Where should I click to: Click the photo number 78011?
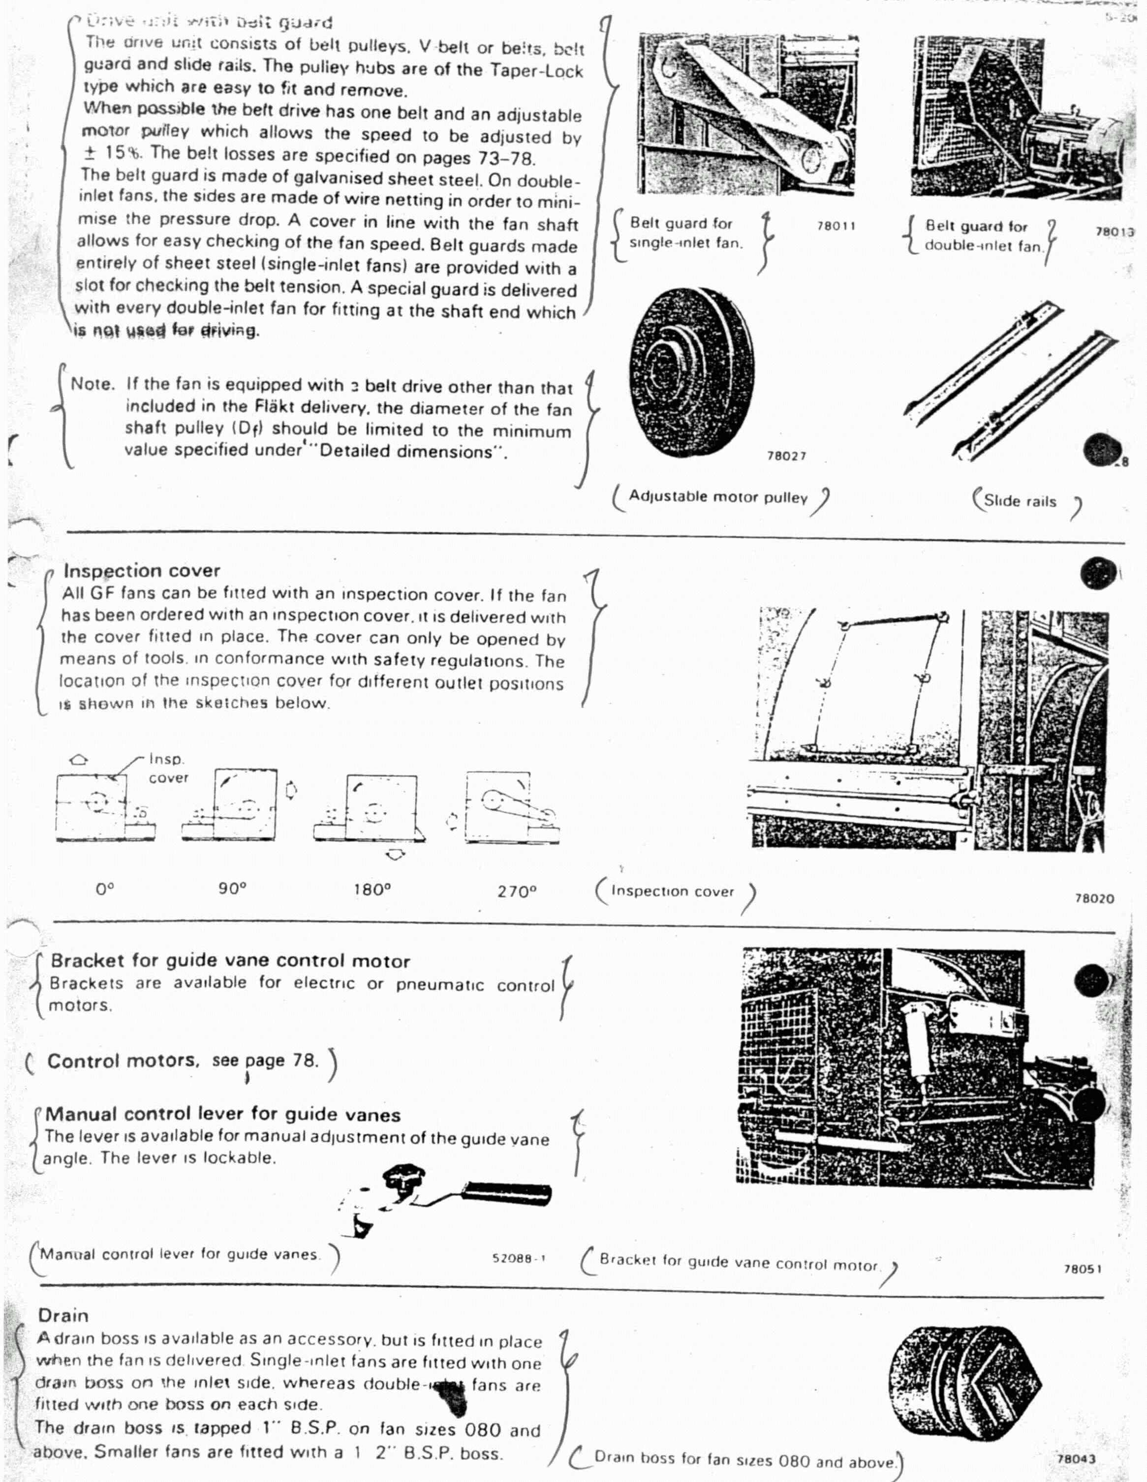(836, 226)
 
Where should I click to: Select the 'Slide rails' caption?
(1020, 501)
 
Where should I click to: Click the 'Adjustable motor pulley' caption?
(718, 497)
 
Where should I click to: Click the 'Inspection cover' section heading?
(141, 571)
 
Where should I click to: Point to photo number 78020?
(1093, 898)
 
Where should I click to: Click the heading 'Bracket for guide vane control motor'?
(230, 961)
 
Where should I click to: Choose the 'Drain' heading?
(63, 1315)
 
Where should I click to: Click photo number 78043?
(1076, 1457)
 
